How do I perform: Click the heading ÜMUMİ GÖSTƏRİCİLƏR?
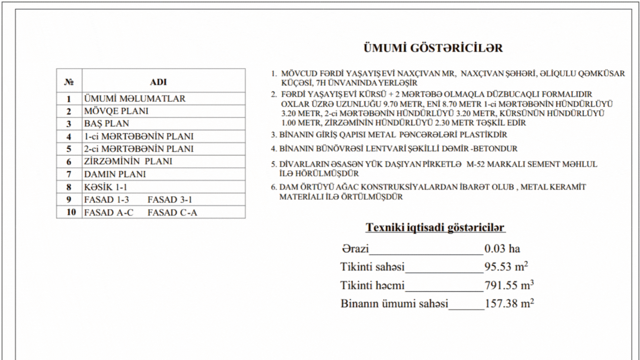click(x=433, y=48)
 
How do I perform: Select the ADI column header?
click(x=158, y=81)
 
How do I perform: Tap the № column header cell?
click(x=69, y=81)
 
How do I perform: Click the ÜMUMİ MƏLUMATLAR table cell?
click(x=134, y=99)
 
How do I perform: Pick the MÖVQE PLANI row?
click(x=116, y=111)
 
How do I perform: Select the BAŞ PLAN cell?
click(x=106, y=124)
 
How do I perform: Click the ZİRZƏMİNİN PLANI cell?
click(x=128, y=162)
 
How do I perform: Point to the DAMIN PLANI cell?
click(x=115, y=174)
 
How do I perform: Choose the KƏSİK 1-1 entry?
click(x=106, y=187)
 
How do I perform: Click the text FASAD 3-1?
click(x=170, y=199)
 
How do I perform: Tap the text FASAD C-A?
click(x=172, y=212)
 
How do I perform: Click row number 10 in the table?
click(x=69, y=212)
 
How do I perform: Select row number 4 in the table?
click(x=69, y=137)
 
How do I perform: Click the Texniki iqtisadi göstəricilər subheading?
click(x=435, y=228)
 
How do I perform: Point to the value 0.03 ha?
click(x=502, y=249)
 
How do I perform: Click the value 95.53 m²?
click(x=506, y=267)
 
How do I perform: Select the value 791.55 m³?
click(x=509, y=286)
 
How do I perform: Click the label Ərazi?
click(x=356, y=249)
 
